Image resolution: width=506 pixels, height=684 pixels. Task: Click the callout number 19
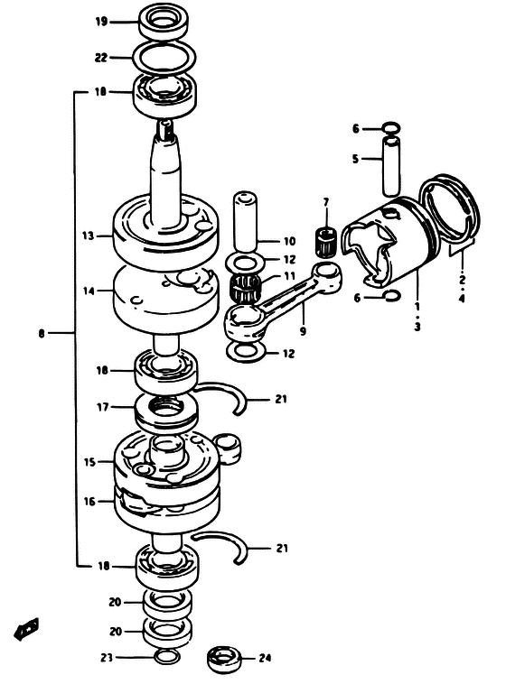[x=101, y=22]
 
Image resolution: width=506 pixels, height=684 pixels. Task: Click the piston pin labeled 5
[x=390, y=167]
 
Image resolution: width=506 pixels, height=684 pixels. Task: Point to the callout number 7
[x=326, y=202]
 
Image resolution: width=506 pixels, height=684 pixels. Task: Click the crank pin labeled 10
[x=245, y=221]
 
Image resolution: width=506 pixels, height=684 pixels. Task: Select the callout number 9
[x=303, y=331]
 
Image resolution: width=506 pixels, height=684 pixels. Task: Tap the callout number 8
[x=42, y=334]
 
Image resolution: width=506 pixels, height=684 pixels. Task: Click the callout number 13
[x=89, y=236]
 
